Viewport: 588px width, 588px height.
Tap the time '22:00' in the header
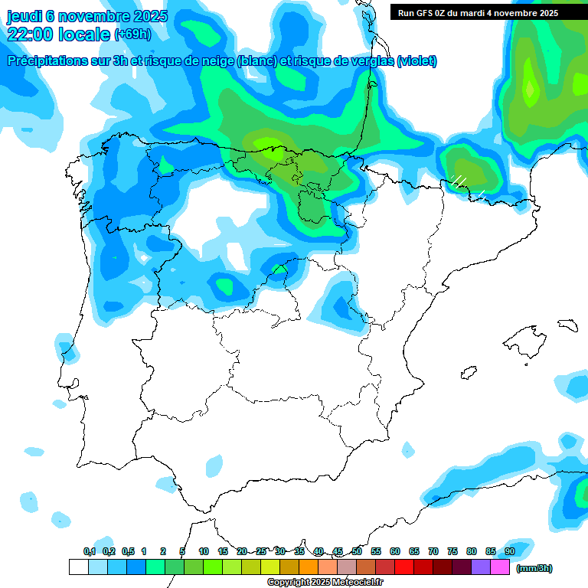point(31,34)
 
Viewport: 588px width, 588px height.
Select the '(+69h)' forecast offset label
point(132,34)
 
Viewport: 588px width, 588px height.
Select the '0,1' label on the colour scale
point(89,552)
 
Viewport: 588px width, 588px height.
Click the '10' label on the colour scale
point(204,552)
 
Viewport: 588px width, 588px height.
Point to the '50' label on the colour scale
point(357,552)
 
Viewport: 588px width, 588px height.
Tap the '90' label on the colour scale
point(510,552)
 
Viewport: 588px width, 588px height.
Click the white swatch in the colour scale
point(78,567)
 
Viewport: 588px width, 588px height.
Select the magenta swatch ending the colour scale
point(500,567)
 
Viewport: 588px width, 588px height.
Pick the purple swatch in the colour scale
point(481,567)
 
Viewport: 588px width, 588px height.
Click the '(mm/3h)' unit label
point(534,568)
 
